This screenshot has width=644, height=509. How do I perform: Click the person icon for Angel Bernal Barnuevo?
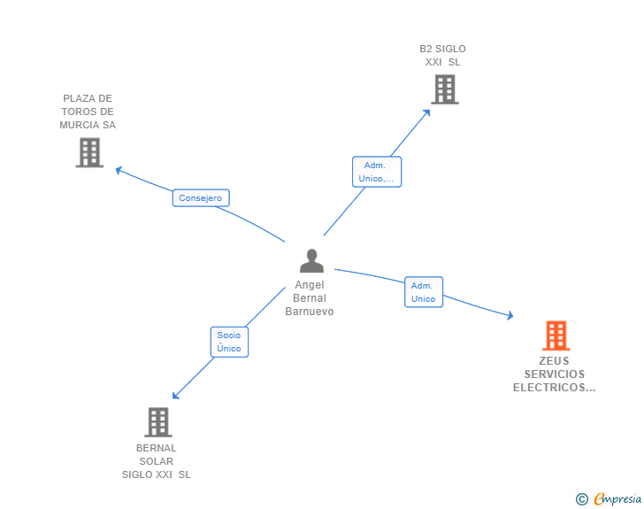311,261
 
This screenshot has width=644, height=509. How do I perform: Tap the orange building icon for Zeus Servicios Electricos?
555,335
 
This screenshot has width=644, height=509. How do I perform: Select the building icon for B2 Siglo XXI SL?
444,89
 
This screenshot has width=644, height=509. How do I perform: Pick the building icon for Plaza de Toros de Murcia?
89,152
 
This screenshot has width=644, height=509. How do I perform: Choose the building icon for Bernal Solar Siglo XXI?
157,422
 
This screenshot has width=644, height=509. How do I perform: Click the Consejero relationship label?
201,198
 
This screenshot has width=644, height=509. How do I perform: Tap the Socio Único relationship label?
229,342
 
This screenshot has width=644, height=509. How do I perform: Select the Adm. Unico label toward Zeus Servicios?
424,292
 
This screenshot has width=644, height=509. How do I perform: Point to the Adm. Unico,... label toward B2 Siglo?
377,172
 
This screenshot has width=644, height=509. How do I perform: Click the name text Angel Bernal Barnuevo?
310,298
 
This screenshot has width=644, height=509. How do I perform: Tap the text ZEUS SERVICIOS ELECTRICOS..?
555,374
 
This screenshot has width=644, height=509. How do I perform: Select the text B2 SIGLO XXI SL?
443,56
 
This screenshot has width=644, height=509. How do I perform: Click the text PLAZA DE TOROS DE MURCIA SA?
88,112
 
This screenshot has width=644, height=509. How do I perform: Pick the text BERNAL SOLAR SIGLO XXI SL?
157,461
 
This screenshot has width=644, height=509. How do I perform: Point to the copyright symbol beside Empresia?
581,499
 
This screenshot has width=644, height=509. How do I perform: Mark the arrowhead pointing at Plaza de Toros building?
119,169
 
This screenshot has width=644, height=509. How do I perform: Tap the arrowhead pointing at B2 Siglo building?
428,111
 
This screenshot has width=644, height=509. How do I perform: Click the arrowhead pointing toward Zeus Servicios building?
510,315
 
